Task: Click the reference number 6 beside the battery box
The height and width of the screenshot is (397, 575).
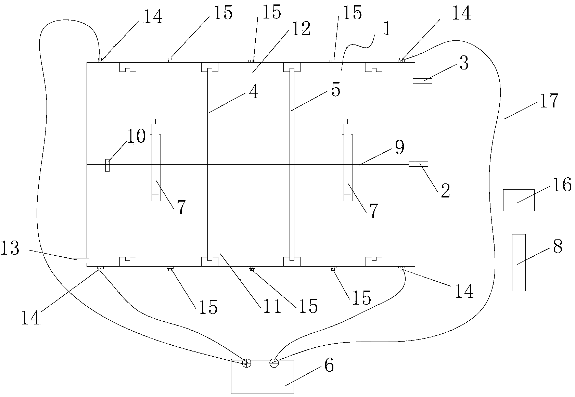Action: point(329,365)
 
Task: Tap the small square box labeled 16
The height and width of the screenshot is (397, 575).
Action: point(519,200)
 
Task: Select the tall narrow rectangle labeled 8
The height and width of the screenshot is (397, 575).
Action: point(519,262)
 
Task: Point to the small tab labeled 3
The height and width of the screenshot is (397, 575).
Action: point(422,81)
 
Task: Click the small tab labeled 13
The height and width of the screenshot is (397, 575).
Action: point(79,260)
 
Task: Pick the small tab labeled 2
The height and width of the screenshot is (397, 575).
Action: point(418,164)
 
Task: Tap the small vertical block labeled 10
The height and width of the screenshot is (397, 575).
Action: point(107,166)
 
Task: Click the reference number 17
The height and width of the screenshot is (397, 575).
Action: point(549,101)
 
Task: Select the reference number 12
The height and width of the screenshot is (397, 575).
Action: point(302,28)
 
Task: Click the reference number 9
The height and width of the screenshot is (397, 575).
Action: point(400,147)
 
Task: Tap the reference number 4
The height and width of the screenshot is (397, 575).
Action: point(254,92)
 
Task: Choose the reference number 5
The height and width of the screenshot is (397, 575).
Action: point(336,90)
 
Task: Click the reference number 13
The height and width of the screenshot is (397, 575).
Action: point(10,248)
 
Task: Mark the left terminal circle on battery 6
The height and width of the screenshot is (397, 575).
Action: point(246,363)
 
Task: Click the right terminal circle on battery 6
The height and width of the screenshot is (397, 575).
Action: point(274,363)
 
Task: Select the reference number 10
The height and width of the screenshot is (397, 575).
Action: point(136,136)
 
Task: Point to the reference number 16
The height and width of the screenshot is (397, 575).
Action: point(562,184)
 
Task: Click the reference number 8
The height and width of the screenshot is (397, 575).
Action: point(558,246)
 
